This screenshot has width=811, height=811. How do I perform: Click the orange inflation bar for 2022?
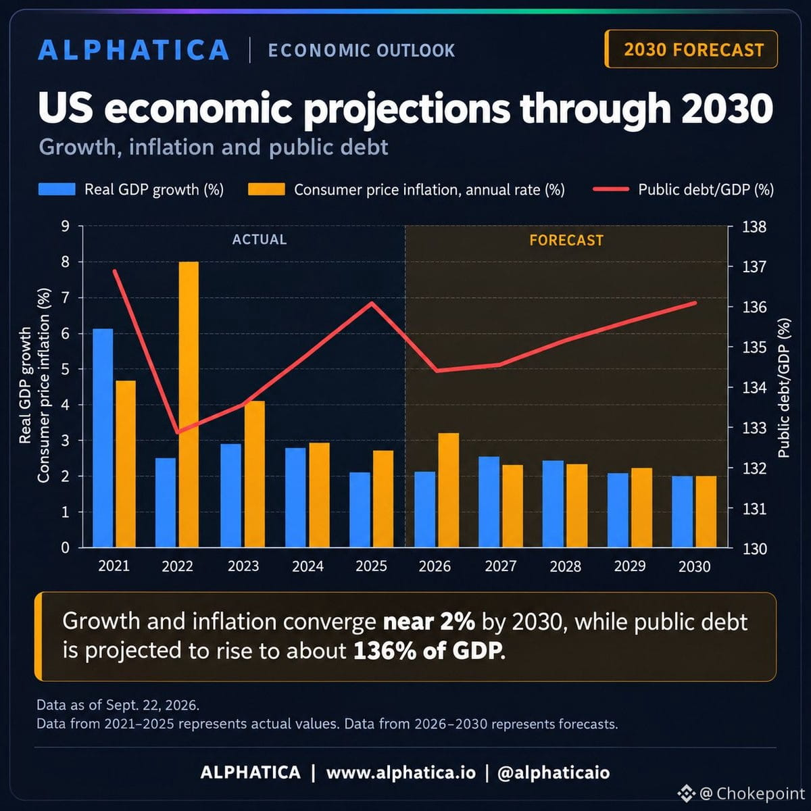pos(189,404)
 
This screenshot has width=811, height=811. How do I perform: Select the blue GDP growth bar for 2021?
pos(103,438)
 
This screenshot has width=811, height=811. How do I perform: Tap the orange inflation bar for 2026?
pos(449,490)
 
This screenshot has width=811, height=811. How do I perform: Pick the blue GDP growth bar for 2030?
pos(682,512)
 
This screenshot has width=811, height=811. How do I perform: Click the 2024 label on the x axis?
pos(308,566)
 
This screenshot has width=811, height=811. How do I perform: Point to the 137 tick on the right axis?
pos(754,267)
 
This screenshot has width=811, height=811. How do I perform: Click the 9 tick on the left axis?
pos(66,226)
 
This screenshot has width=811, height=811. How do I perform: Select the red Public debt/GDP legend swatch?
pos(611,189)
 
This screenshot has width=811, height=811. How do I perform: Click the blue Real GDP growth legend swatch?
pos(57,189)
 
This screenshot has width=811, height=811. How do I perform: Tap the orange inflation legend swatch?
pos(266,189)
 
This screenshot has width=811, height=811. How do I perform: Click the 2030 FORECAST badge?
pos(691,49)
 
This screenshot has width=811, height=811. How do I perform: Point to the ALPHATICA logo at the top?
pos(134,49)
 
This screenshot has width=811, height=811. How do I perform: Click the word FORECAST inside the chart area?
pos(566,241)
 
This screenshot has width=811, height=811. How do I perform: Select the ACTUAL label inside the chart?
pos(260,239)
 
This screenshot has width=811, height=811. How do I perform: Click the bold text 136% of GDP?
pos(428,650)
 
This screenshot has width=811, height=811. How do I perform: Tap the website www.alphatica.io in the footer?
pos(401,772)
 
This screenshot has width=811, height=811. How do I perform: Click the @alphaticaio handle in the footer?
pos(554,772)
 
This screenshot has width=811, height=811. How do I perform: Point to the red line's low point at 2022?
pos(178,433)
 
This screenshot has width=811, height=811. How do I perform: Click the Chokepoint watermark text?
pos(760,793)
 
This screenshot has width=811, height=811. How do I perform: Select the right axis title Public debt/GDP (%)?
pos(784,388)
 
